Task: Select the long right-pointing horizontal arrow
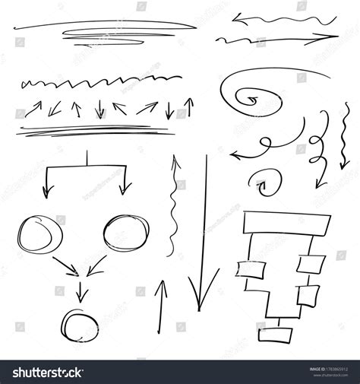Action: point(277,37)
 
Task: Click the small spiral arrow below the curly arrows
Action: point(264,180)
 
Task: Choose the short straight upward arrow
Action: point(160,308)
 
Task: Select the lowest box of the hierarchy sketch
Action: point(273,334)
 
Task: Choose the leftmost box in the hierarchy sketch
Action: point(251,270)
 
